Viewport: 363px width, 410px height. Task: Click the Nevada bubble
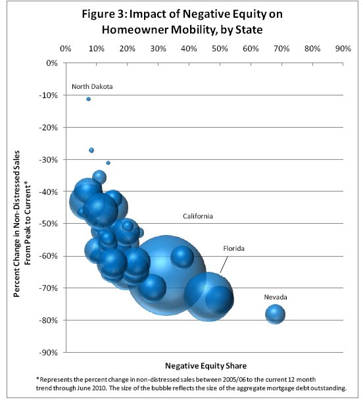(x=275, y=314)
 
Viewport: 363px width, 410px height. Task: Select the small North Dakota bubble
(x=88, y=99)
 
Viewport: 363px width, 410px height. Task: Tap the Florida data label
(x=233, y=248)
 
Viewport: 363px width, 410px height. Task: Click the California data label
(x=198, y=216)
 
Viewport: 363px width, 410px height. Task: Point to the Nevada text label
(x=276, y=297)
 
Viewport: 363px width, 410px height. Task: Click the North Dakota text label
(x=92, y=86)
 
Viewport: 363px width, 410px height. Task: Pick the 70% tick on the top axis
(x=281, y=49)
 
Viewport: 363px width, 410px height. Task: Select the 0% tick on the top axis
(x=66, y=49)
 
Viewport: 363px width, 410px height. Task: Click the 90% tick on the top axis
(x=343, y=49)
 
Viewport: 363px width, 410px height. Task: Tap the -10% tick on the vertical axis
(x=49, y=95)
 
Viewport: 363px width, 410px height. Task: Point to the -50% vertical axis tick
(x=49, y=224)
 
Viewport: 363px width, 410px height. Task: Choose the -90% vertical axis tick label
(x=49, y=353)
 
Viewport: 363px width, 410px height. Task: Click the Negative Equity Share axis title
(x=206, y=365)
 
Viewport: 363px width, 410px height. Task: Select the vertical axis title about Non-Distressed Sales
(x=22, y=224)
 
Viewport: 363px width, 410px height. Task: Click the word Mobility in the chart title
(x=193, y=30)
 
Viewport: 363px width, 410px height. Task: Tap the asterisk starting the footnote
(x=37, y=378)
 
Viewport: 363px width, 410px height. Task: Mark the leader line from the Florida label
(x=224, y=265)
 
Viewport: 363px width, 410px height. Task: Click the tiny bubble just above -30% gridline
(x=91, y=150)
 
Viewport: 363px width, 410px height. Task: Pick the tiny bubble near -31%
(x=109, y=163)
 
